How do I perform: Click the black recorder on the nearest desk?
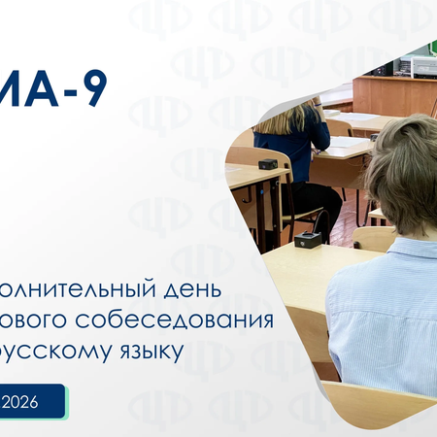coord(309,240)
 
